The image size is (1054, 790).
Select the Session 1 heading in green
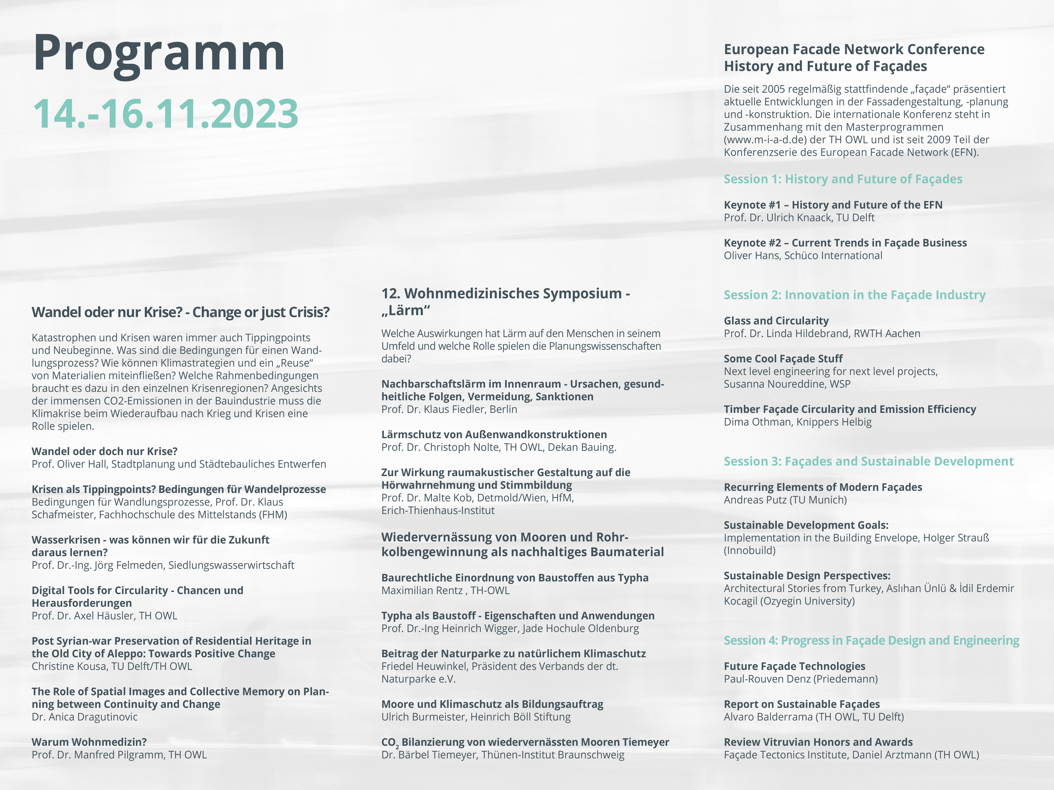[x=842, y=179]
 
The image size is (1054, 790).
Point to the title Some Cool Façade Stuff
[x=783, y=359]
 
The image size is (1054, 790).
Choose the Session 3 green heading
[x=868, y=461]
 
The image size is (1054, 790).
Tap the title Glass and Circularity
[x=776, y=321]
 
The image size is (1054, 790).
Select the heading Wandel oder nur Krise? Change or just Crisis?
[x=180, y=312]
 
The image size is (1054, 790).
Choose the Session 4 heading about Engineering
[x=871, y=640]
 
